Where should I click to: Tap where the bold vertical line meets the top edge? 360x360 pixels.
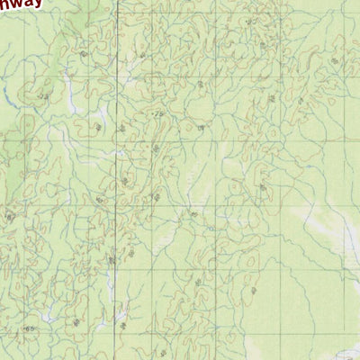tap(117, 1)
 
